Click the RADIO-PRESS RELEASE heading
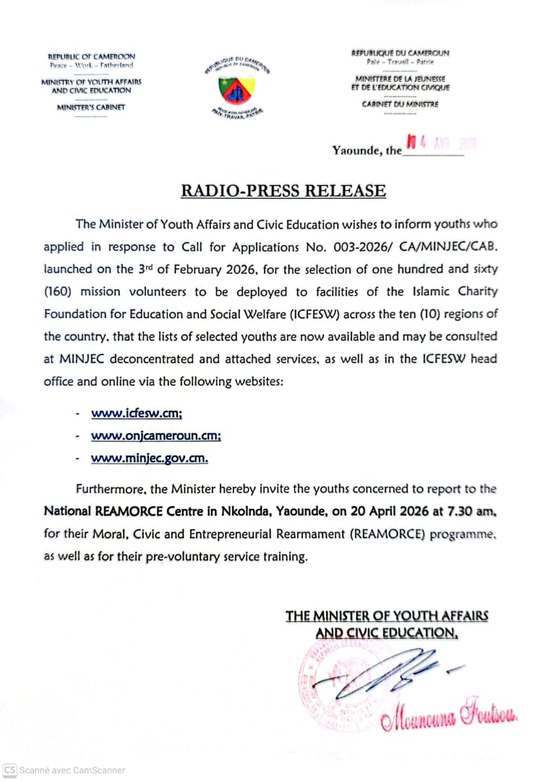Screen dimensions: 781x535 [x=283, y=191]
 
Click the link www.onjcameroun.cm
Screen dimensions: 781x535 [x=155, y=436]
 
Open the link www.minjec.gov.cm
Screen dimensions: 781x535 [x=149, y=458]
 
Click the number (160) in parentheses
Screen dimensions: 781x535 [x=59, y=291]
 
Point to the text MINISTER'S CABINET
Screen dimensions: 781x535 [x=91, y=107]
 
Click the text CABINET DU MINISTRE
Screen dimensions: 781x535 [x=400, y=104]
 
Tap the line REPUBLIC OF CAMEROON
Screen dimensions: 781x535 [x=91, y=56]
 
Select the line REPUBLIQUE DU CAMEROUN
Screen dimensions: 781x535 [x=400, y=53]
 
